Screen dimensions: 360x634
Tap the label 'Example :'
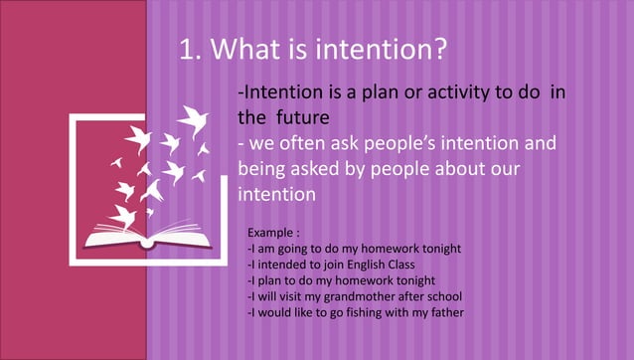tap(273, 232)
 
